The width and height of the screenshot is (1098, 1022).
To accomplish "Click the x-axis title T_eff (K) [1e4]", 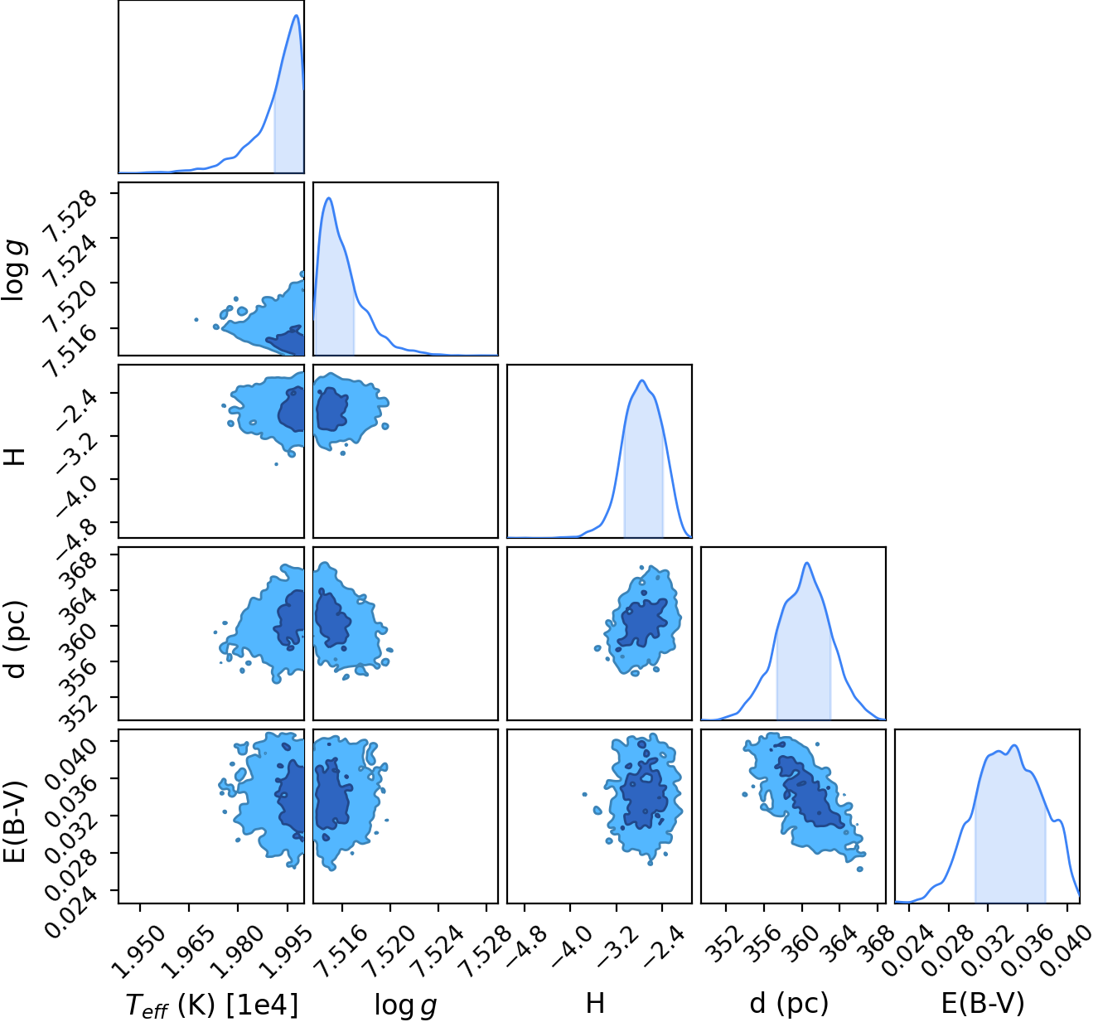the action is [x=212, y=1005].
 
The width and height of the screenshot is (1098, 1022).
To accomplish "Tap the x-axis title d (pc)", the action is [x=789, y=1003].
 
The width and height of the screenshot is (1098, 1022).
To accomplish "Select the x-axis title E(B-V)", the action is [x=983, y=1003].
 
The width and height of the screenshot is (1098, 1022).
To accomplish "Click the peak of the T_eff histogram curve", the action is [x=297, y=15].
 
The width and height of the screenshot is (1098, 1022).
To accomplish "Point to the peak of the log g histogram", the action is [x=329, y=197].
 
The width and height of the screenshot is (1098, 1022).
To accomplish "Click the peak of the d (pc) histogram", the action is [x=807, y=563].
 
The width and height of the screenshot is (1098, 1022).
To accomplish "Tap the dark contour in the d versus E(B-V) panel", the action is [x=806, y=788].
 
